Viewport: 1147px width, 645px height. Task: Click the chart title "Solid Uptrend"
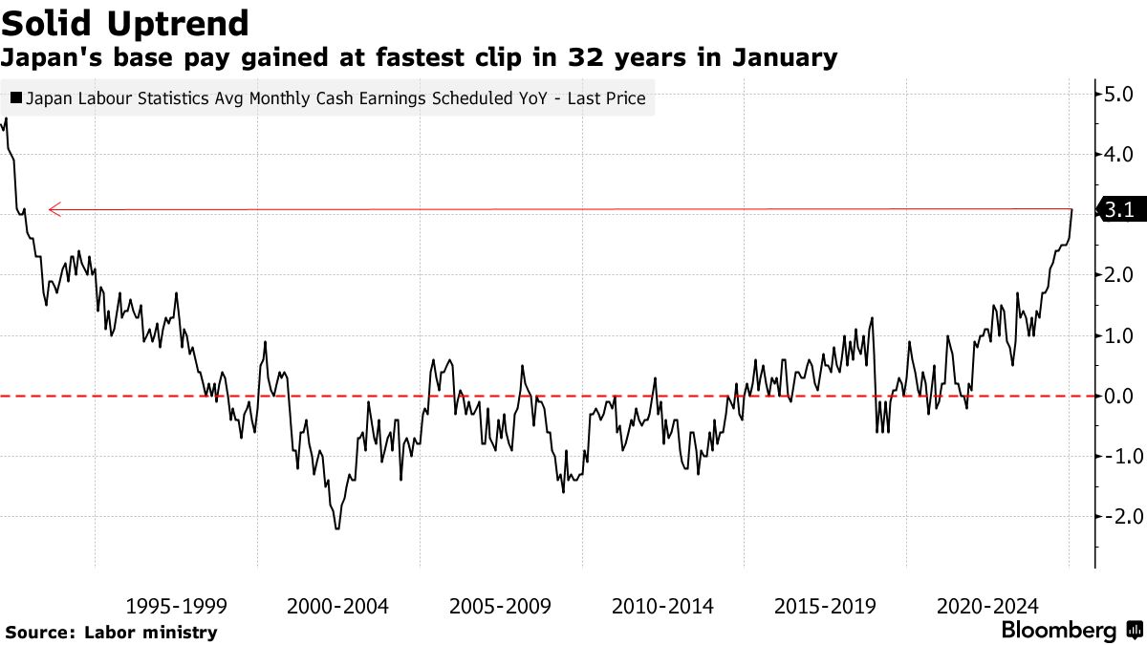click(x=126, y=22)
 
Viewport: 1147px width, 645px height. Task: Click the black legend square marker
click(x=15, y=97)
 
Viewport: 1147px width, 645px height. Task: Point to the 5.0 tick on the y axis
click(x=1118, y=95)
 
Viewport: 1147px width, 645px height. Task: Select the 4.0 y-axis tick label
click(x=1118, y=154)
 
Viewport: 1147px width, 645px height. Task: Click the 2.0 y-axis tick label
click(x=1118, y=275)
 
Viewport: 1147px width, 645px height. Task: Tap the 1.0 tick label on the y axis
click(x=1118, y=335)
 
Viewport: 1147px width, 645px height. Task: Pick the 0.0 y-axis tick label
click(x=1118, y=396)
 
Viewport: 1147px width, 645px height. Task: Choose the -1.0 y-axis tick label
click(x=1115, y=456)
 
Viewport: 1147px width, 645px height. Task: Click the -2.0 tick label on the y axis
click(x=1115, y=516)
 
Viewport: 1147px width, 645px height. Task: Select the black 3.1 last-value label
click(x=1118, y=210)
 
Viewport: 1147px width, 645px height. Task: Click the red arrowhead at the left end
click(x=54, y=208)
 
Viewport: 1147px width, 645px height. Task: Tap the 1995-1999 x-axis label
click(x=177, y=605)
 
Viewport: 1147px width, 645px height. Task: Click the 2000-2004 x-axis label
click(x=338, y=605)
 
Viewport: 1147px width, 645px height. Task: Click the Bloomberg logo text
click(x=1058, y=631)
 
